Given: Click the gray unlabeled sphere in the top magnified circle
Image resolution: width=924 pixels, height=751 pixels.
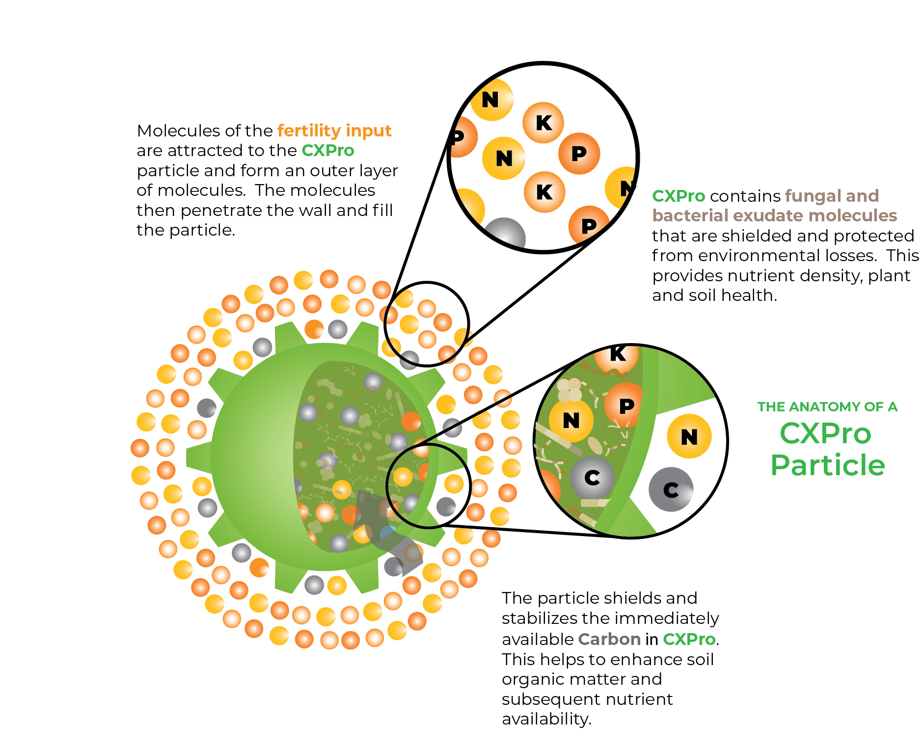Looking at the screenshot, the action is [x=505, y=234].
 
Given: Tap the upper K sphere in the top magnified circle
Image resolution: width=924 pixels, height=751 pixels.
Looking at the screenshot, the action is [x=543, y=123].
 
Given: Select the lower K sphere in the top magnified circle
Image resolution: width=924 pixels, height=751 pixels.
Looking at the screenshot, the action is [x=544, y=192].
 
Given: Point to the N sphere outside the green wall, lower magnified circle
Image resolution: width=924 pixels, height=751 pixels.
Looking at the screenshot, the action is [x=689, y=436].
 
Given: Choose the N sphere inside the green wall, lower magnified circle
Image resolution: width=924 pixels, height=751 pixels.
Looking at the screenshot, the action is [x=571, y=421].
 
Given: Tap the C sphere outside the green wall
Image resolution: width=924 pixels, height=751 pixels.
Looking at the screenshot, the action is [x=671, y=489].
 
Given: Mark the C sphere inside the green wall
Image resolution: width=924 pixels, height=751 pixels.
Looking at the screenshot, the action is [x=592, y=478].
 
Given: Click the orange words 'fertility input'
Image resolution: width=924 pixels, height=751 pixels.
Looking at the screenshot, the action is [x=334, y=131].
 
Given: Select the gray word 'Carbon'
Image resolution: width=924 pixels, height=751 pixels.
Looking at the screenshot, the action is [x=609, y=639].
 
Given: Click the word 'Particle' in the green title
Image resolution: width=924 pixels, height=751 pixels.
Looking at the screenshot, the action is [x=828, y=465].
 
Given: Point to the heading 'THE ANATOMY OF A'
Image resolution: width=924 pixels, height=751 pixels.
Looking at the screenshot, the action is [x=827, y=407].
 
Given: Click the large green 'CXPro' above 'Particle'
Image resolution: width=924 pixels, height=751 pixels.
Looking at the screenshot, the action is [x=825, y=434].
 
